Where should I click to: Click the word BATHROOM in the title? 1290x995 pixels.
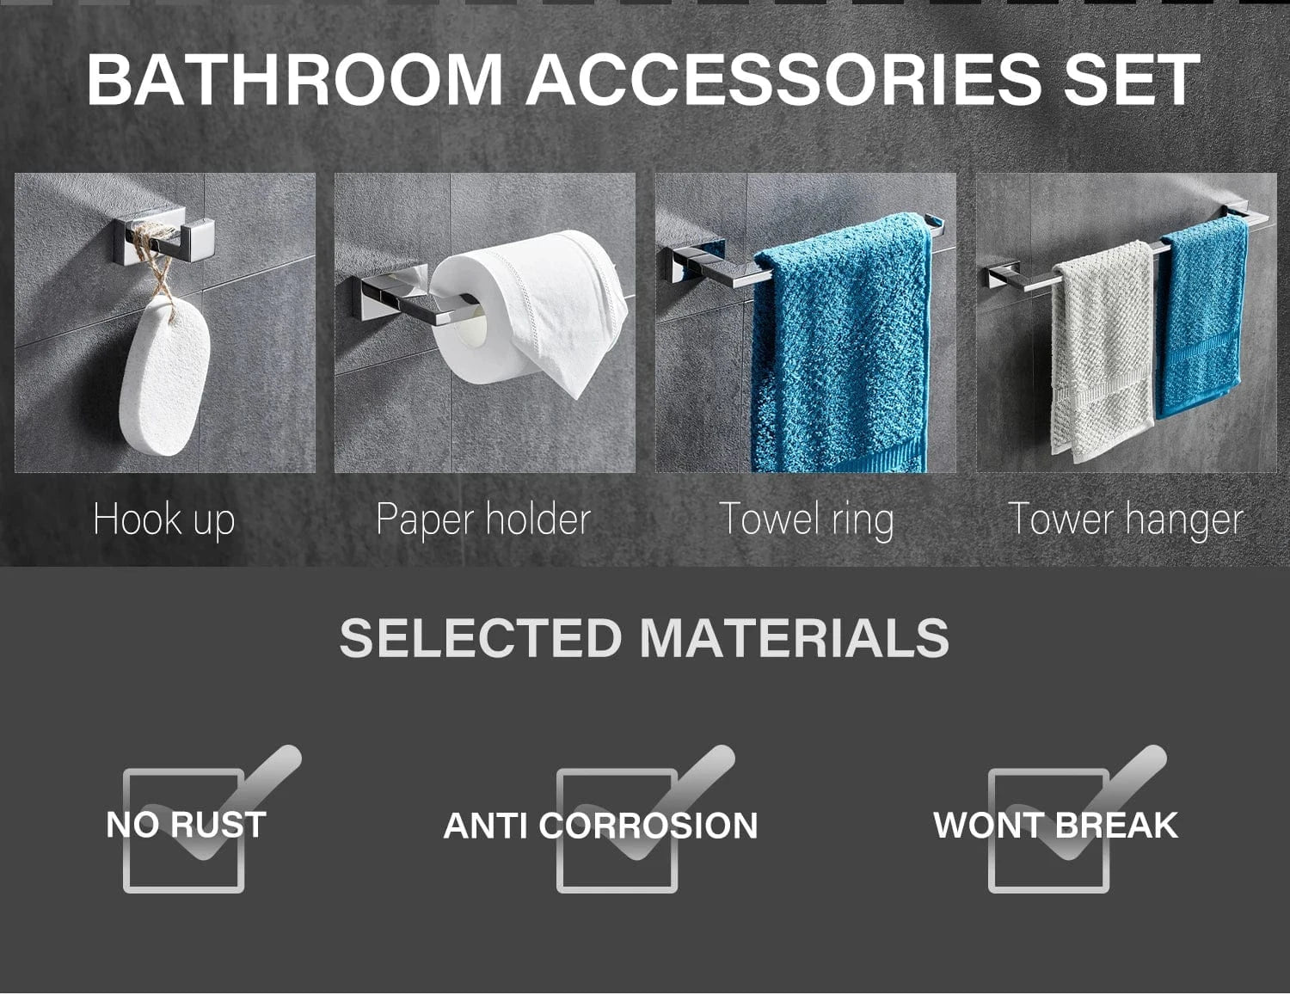(x=295, y=80)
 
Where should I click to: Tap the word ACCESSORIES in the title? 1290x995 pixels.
(x=784, y=80)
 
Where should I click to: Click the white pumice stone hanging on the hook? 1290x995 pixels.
(x=164, y=376)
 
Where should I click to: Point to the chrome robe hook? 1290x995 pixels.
(x=165, y=239)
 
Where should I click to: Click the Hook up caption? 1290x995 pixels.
(x=164, y=519)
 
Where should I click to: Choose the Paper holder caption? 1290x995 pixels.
(x=483, y=519)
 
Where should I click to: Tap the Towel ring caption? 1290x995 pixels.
(x=806, y=519)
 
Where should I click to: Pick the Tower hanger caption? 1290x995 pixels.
(x=1126, y=519)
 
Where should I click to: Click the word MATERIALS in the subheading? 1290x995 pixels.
(x=795, y=637)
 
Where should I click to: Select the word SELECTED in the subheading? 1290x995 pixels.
(x=480, y=637)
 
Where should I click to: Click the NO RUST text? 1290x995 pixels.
(x=186, y=825)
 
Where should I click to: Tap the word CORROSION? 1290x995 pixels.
(x=648, y=826)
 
